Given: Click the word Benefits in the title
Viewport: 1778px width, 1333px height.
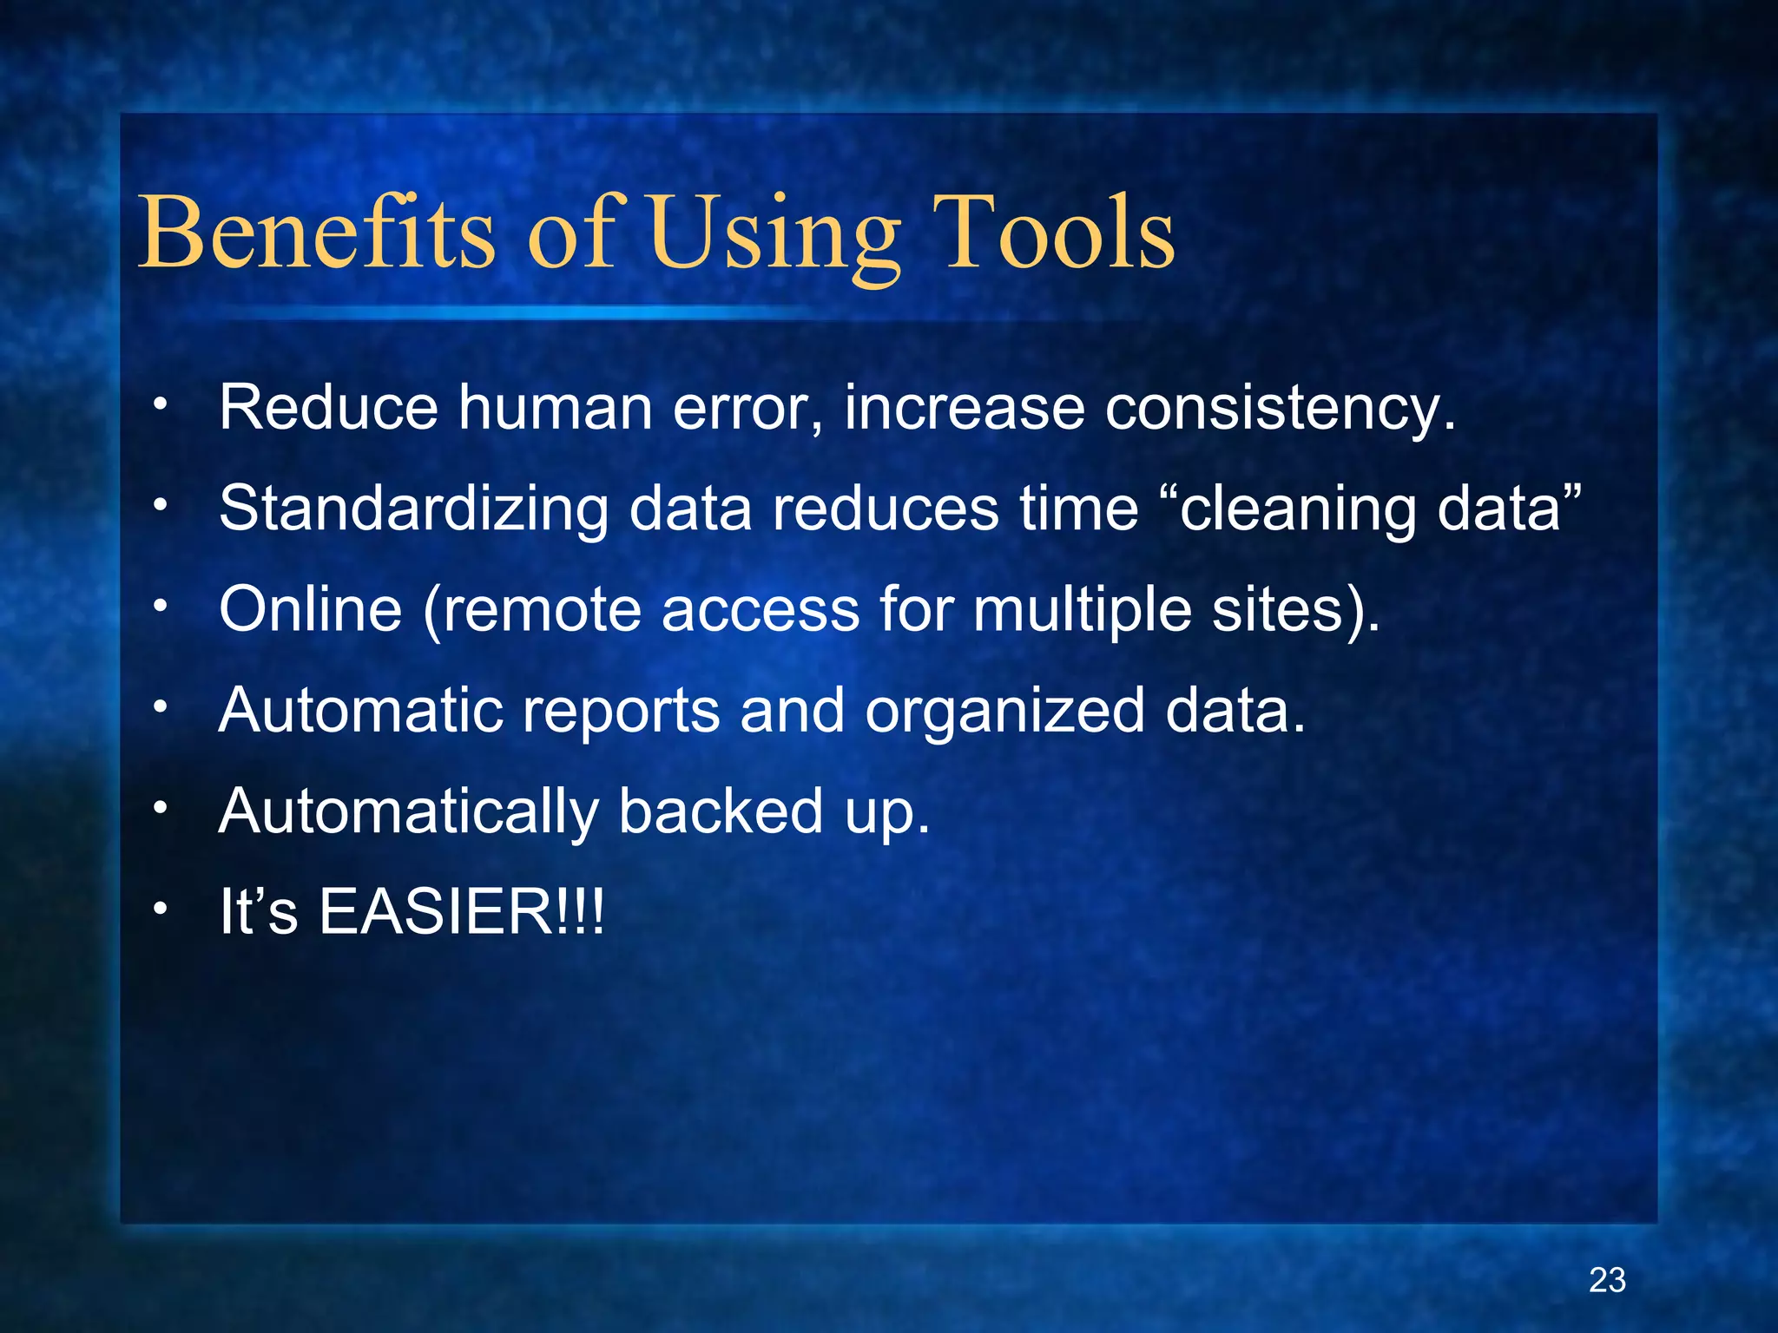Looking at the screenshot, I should point(317,233).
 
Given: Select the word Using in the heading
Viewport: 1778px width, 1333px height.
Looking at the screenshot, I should point(774,234).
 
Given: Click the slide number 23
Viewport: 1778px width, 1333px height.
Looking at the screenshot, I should point(1607,1280).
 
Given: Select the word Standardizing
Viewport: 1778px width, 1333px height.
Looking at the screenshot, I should point(413,509).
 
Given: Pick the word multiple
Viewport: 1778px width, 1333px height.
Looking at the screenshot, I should point(1082,610).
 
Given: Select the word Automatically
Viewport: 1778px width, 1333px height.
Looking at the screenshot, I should point(408,812).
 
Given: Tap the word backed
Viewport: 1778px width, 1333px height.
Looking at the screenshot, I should point(721,811).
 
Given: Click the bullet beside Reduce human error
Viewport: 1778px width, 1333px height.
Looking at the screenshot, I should point(159,404).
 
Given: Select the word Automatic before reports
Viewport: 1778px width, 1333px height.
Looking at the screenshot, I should point(360,710).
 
